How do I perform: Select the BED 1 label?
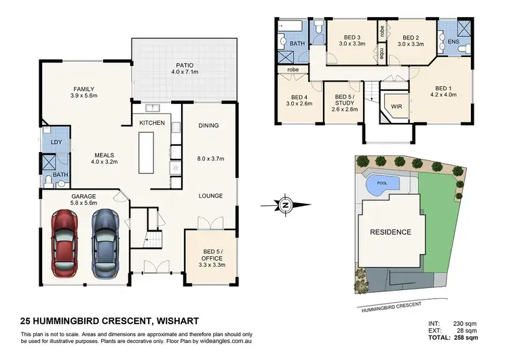(443, 88)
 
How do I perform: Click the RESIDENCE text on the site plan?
(390, 232)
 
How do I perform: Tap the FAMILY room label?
(84, 89)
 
